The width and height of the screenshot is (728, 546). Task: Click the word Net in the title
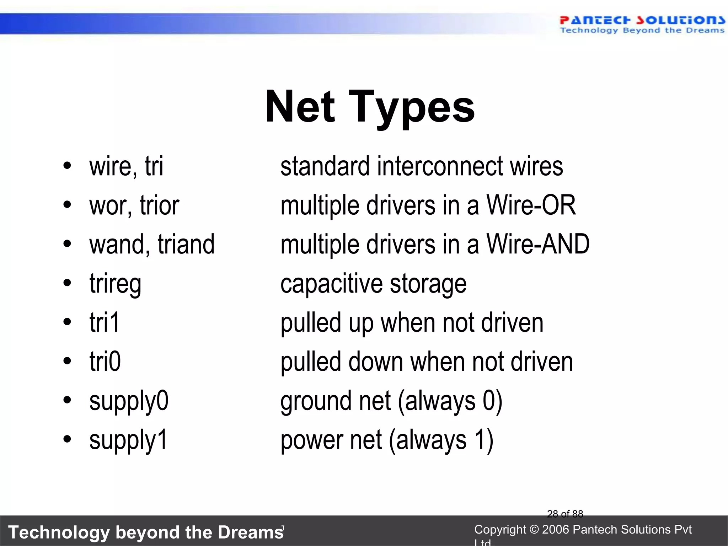tap(300, 107)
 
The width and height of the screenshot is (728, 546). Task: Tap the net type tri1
tap(105, 322)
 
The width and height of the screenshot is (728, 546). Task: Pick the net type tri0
tap(105, 362)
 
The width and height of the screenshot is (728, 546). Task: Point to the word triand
tap(186, 245)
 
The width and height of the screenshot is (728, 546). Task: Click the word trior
tap(159, 206)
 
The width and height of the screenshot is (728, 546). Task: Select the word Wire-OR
tap(531, 205)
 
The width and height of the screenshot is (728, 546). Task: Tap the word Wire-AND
tap(538, 244)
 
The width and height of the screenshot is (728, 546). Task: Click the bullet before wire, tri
tap(67, 166)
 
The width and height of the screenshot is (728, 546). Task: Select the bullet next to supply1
tap(67, 439)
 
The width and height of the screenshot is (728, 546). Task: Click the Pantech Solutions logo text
tap(642, 21)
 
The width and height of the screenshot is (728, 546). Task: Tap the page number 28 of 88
tap(565, 514)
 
